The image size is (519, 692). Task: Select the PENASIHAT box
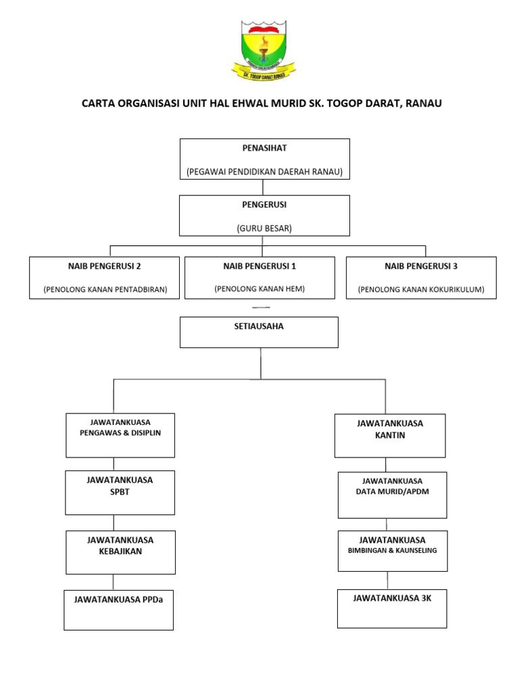(x=264, y=159)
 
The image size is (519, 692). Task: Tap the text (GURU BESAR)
(x=264, y=228)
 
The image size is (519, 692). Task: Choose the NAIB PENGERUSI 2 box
(x=105, y=277)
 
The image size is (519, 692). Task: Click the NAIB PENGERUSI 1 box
(x=259, y=276)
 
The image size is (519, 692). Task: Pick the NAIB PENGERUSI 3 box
(x=421, y=277)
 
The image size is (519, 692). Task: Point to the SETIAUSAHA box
(x=259, y=332)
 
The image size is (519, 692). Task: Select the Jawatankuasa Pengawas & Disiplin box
(x=120, y=435)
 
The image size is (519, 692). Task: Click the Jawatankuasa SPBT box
(x=120, y=492)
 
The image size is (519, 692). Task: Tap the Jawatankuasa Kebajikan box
(x=120, y=551)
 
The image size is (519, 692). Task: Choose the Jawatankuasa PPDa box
(x=119, y=610)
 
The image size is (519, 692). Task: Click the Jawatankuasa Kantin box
(x=390, y=435)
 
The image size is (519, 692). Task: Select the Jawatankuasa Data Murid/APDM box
(x=392, y=495)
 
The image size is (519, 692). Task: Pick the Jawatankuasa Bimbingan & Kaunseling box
(x=392, y=551)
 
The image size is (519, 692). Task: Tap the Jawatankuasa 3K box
(x=392, y=608)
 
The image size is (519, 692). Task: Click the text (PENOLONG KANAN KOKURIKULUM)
(x=421, y=290)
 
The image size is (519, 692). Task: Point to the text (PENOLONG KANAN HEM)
(x=259, y=289)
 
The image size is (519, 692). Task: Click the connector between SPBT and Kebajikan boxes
(x=114, y=522)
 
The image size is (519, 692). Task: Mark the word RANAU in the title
(x=423, y=103)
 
